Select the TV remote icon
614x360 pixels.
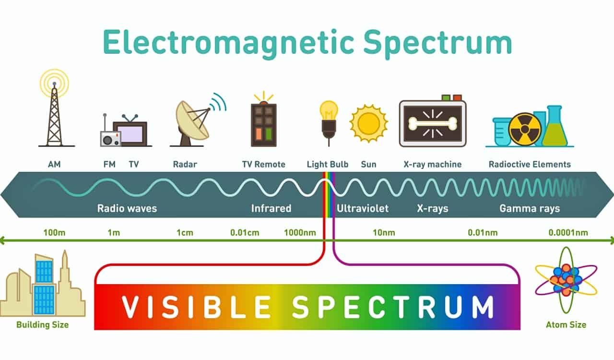pyautogui.click(x=264, y=124)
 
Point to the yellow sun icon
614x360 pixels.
pyautogui.click(x=368, y=123)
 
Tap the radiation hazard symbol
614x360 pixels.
pyautogui.click(x=525, y=129)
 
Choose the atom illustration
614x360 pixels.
pyautogui.click(x=566, y=278)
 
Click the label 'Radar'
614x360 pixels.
pyautogui.click(x=185, y=164)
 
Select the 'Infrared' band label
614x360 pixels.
pyautogui.click(x=271, y=208)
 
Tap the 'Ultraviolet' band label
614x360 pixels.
pyautogui.click(x=363, y=208)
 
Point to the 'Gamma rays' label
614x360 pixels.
pyautogui.click(x=530, y=208)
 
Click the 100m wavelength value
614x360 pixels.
pyautogui.click(x=54, y=233)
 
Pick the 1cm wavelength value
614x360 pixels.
pyautogui.click(x=185, y=233)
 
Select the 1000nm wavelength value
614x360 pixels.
pyautogui.click(x=300, y=233)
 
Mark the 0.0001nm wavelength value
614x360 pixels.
pyautogui.click(x=568, y=233)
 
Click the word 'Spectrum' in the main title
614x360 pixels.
pyautogui.click(x=437, y=43)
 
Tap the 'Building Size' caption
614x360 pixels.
pyautogui.click(x=42, y=325)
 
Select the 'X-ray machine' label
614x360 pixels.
pyautogui.click(x=432, y=164)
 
